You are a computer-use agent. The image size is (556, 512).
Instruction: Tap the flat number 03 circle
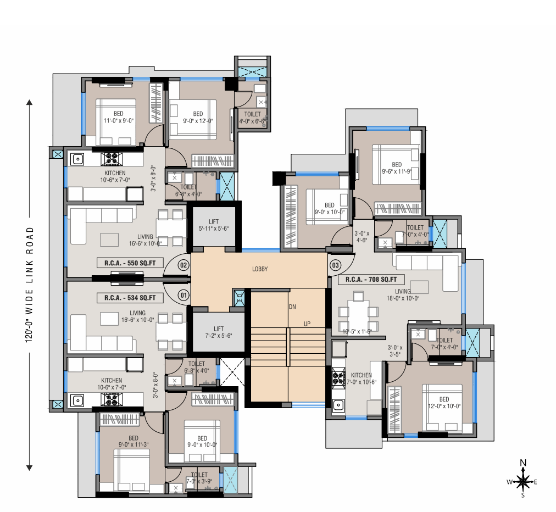click(x=335, y=265)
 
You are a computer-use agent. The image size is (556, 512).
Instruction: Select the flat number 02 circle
click(x=184, y=265)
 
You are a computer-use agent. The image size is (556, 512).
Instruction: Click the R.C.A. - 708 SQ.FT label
click(x=371, y=279)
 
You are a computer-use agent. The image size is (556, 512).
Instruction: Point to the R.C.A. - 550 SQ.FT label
click(x=130, y=263)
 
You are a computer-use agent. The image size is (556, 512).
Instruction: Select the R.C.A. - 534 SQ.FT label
click(x=130, y=298)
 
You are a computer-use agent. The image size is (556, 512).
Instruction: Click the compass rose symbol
click(x=523, y=481)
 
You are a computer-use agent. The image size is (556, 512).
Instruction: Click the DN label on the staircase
click(x=292, y=307)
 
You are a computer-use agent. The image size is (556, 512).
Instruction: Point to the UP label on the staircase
click(x=308, y=324)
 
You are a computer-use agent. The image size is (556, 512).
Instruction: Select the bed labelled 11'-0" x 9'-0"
click(x=118, y=118)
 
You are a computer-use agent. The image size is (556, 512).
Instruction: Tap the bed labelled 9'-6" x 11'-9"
click(x=397, y=168)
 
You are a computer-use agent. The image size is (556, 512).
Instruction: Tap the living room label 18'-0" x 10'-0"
click(x=403, y=295)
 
